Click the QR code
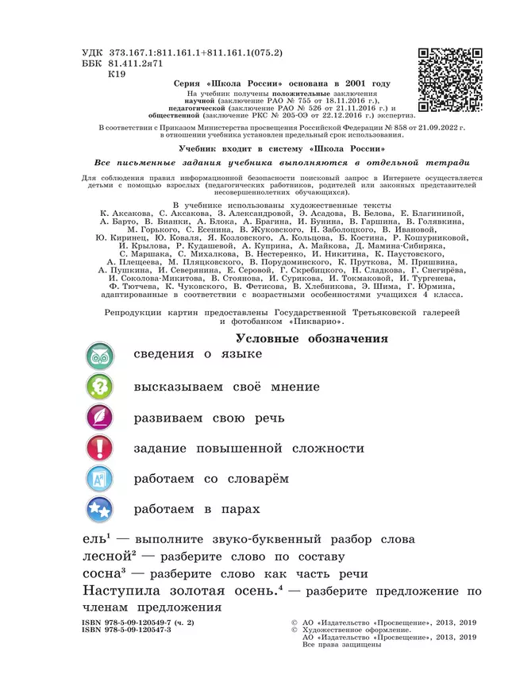click(x=449, y=80)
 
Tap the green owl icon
click(x=101, y=355)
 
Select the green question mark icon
click(x=101, y=387)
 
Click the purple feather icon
click(x=101, y=418)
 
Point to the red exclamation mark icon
click(x=101, y=449)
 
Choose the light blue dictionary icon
click(x=101, y=480)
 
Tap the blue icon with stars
click(x=101, y=510)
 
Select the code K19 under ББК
click(x=117, y=73)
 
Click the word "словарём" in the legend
click(x=256, y=480)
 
